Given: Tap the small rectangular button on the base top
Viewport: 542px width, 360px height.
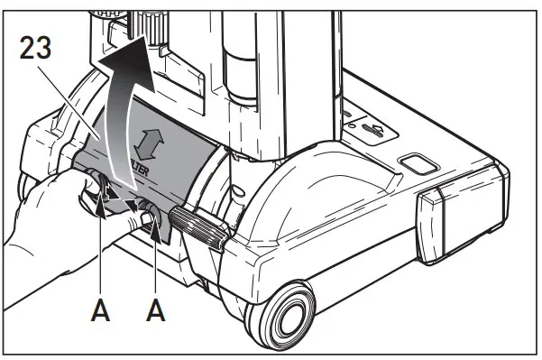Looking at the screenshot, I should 417,163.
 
